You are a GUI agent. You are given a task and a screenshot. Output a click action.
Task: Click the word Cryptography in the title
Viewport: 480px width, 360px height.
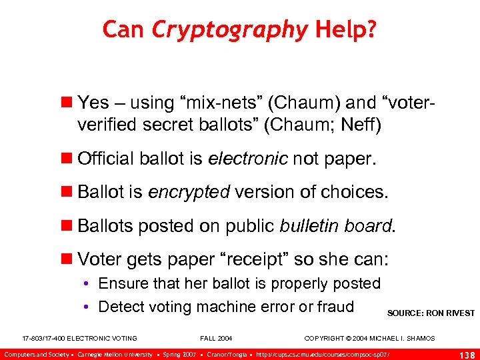pos(229,30)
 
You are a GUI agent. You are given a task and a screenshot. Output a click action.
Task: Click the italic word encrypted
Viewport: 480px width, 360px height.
pos(189,193)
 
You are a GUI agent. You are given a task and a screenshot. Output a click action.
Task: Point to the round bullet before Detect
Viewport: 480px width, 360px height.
pos(88,307)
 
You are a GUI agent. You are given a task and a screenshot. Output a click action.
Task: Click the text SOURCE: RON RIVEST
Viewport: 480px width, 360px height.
pos(431,313)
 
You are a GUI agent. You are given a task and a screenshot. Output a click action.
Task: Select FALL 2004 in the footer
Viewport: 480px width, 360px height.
pos(216,339)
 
